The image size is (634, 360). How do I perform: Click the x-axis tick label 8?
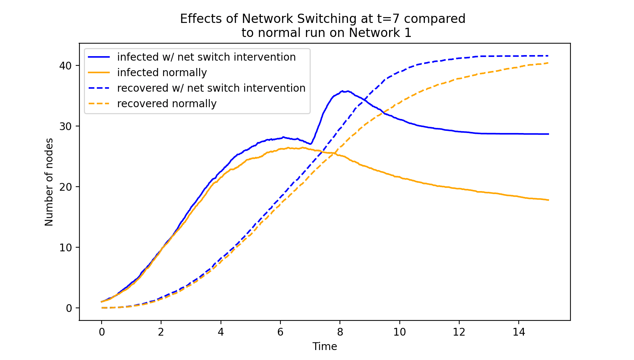340,332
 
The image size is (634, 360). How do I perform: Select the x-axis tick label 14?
519,332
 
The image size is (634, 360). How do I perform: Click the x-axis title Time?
324,346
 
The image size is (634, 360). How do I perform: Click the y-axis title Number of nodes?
49,182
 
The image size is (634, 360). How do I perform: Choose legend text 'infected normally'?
162,72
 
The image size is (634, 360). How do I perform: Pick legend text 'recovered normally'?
167,103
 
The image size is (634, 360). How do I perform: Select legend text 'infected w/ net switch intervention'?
206,57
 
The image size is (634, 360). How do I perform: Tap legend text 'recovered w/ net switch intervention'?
211,88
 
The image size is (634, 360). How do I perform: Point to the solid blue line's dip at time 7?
311,144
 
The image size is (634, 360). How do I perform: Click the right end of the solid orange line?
548,200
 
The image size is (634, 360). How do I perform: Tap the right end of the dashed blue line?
548,56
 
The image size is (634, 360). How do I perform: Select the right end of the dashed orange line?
548,63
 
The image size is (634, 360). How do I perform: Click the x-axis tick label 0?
102,332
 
